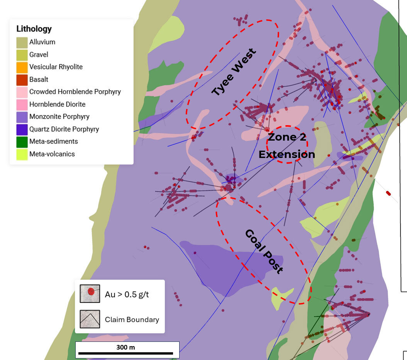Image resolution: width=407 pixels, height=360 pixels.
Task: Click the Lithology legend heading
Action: [x=34, y=29]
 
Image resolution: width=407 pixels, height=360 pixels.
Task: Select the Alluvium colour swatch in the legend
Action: [x=22, y=42]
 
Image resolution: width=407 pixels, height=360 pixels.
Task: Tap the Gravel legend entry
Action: [x=39, y=54]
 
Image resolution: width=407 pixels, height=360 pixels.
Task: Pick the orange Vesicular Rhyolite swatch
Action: [x=22, y=67]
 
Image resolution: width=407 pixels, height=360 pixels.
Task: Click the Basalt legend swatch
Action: [x=22, y=80]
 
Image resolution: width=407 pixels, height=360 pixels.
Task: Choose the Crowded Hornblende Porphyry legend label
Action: [x=75, y=92]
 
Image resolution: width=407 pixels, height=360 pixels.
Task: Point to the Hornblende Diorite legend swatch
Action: [x=22, y=104]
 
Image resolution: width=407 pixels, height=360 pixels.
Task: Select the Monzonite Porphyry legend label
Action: [x=59, y=117]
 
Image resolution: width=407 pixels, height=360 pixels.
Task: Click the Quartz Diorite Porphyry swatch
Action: [x=22, y=129]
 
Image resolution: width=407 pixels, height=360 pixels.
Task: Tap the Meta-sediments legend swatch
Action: [x=22, y=142]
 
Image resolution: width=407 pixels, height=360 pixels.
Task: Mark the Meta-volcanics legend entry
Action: [x=52, y=154]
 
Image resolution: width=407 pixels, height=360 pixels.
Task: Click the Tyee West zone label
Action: [x=234, y=72]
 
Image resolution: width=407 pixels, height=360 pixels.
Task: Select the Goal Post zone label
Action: [x=264, y=252]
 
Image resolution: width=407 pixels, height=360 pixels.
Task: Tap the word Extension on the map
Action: [x=287, y=155]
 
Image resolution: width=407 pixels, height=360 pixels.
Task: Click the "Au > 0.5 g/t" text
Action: [x=127, y=295]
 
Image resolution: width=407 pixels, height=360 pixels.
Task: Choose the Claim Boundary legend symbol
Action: [x=90, y=319]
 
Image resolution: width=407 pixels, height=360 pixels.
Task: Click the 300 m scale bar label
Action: [x=125, y=347]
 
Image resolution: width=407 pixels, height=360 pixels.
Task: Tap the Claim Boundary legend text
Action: [x=132, y=319]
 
